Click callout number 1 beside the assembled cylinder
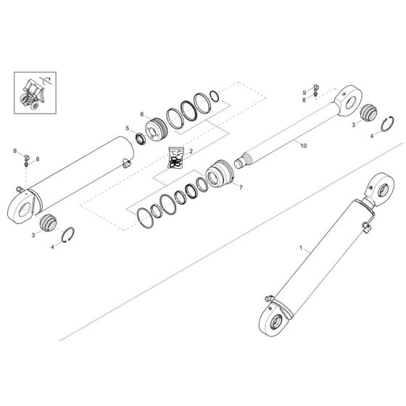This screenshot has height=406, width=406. pos(300,249)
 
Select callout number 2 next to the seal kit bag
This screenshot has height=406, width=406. pos(191,152)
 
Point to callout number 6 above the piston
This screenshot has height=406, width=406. pos(143,114)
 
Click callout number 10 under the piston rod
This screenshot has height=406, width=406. pos(304,146)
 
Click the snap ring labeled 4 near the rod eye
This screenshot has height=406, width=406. pos(384,124)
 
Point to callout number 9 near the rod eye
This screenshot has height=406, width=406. pos(304,92)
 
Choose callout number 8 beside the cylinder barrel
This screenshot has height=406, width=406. pos(38,158)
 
